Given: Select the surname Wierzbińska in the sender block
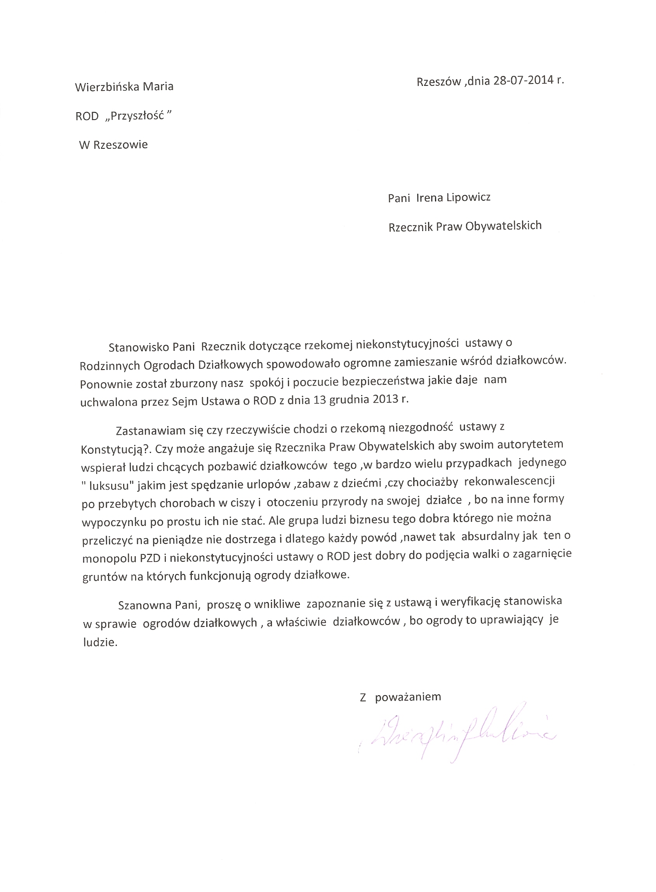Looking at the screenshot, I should (106, 87).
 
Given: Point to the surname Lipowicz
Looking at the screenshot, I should (468, 197).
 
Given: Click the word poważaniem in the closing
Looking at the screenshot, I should (408, 697).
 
